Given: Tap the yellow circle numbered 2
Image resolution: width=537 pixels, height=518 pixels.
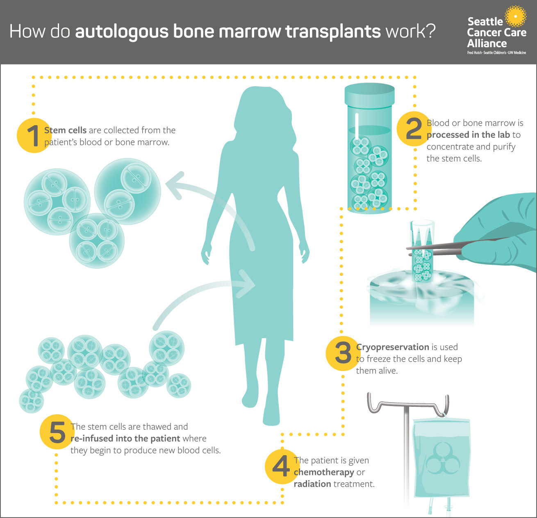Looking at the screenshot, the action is pos(413,129).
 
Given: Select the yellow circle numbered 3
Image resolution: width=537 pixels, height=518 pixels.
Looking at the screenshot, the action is pos(343,353).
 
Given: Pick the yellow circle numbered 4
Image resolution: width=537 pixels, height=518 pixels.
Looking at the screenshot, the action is pos(281,467).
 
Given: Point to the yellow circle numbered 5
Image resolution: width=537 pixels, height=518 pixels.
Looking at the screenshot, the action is pos(57,433).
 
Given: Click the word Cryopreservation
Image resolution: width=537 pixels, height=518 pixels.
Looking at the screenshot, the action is pos(392,347).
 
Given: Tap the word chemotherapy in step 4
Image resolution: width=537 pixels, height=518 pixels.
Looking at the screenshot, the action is pos(323,472).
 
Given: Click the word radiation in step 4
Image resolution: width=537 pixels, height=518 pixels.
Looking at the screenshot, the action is pos(312,484).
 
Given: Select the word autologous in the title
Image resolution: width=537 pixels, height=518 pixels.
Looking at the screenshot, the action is pos(122,32).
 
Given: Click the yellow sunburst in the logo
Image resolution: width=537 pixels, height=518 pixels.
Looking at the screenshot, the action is pos(515,17).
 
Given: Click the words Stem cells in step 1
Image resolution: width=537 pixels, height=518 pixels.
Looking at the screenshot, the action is pos(65,131).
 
